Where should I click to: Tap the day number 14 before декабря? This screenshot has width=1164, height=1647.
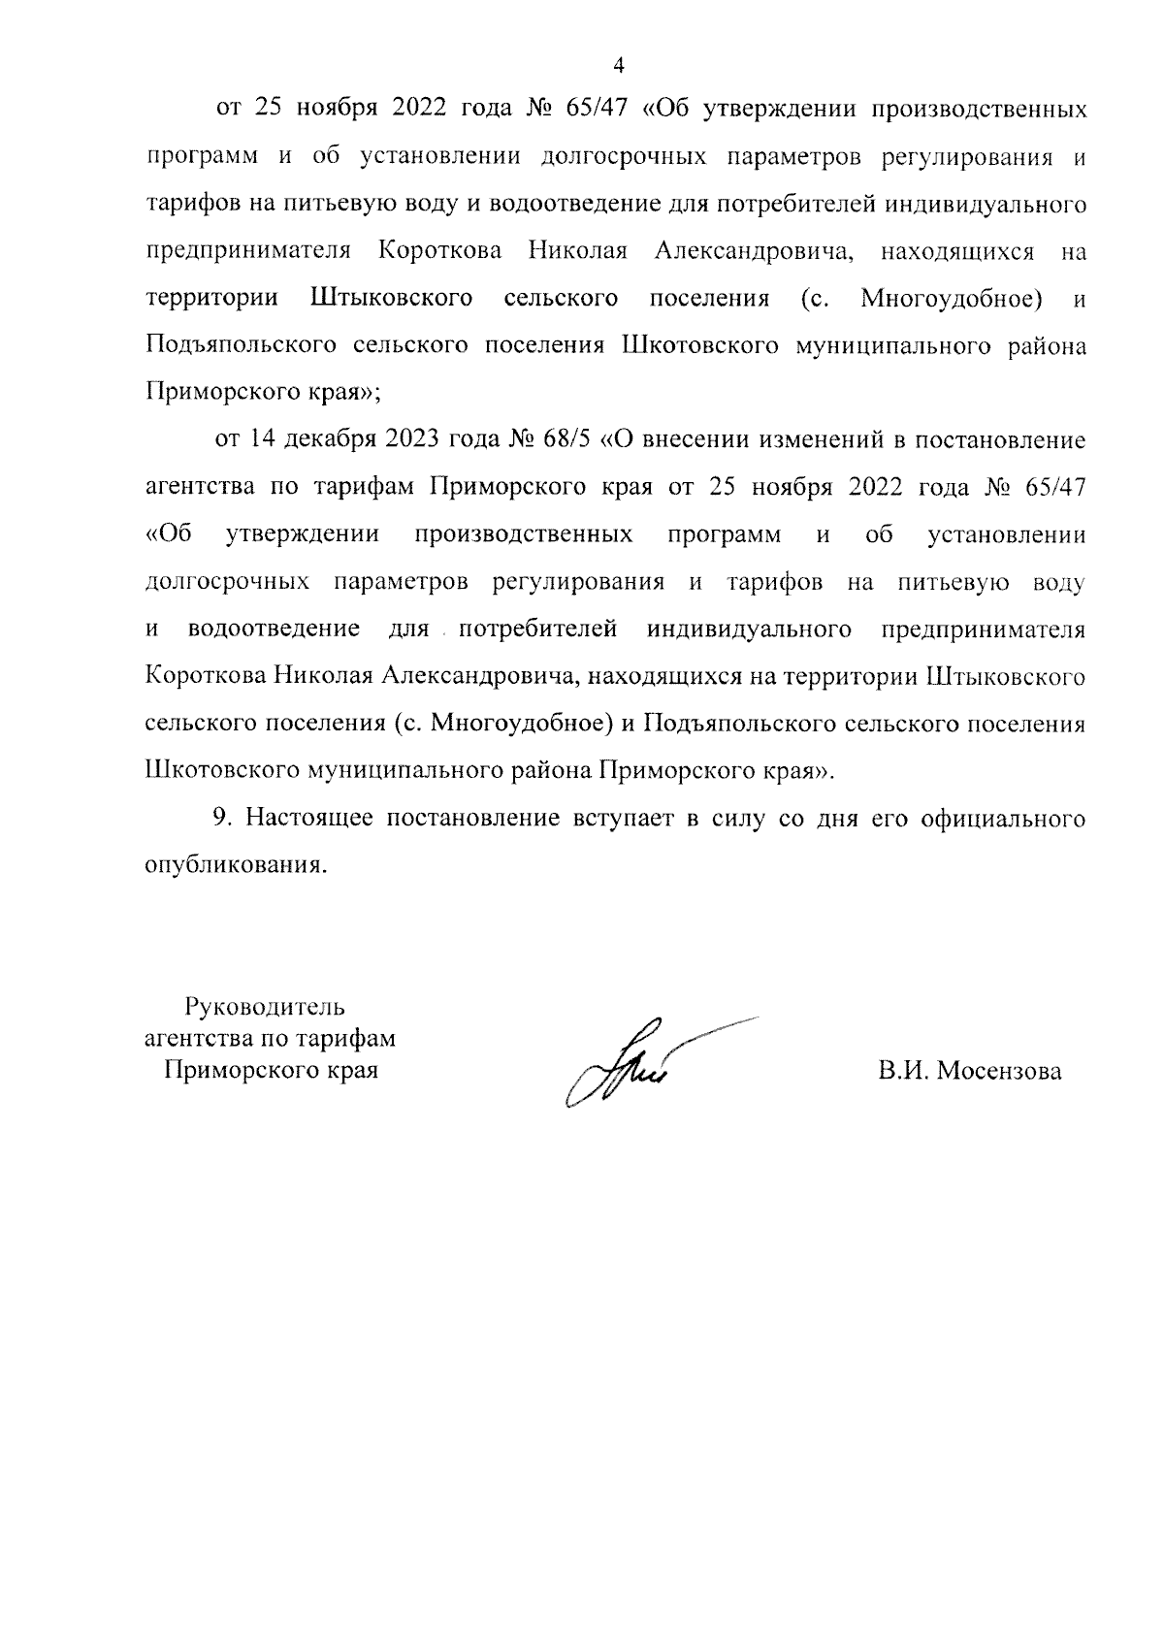263,439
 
